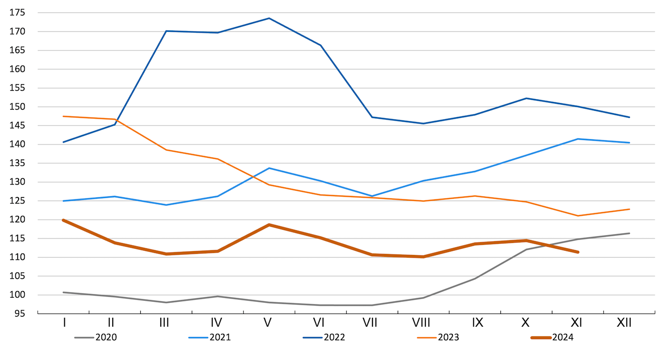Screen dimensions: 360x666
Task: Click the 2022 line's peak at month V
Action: click(269, 18)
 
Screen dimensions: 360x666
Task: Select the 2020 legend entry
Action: click(106, 338)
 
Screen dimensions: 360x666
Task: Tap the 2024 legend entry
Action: click(563, 338)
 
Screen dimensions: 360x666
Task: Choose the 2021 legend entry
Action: click(220, 338)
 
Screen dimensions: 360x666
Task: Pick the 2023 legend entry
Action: click(449, 338)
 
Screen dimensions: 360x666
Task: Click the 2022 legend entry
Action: click(334, 338)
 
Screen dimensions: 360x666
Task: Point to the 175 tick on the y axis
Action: click(18, 13)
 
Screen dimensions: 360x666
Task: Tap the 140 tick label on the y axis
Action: click(18, 145)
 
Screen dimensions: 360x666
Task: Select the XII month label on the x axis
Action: click(624, 323)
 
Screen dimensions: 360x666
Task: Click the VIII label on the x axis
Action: click(421, 323)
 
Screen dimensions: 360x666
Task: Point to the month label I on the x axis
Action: click(64, 323)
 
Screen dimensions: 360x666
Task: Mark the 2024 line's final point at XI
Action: click(578, 252)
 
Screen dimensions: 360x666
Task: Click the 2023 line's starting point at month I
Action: click(63, 116)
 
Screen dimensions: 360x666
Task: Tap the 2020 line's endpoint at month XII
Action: click(629, 233)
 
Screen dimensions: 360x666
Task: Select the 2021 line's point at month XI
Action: click(578, 139)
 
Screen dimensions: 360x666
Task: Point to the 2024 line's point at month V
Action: click(269, 224)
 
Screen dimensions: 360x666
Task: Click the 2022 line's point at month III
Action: click(166, 31)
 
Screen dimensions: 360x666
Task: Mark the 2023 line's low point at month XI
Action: click(578, 216)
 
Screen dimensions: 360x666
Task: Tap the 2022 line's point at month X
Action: click(527, 98)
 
